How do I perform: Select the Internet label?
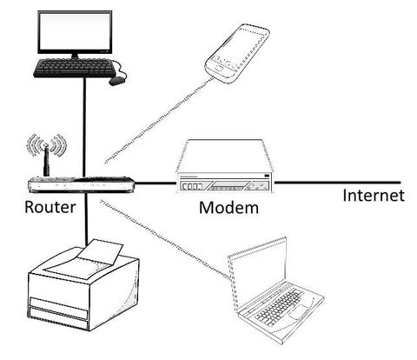click(373, 195)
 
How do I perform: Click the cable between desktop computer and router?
click(84, 130)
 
